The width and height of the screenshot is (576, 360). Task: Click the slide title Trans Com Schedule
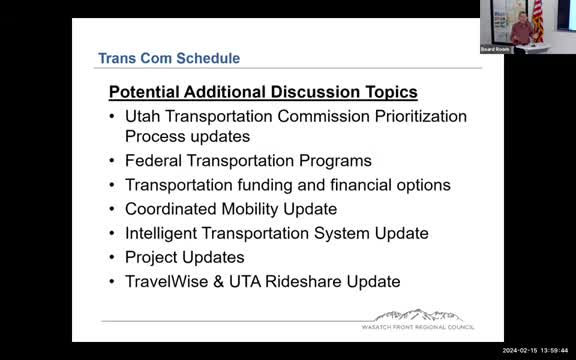pos(169,59)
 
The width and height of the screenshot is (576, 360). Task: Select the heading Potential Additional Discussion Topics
pos(263,92)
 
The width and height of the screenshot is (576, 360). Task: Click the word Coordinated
pos(170,209)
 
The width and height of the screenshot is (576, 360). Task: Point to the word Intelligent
pos(164,233)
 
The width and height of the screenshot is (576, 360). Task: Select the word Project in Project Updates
pos(153,257)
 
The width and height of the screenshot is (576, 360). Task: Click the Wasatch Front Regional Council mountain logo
pos(419,315)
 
